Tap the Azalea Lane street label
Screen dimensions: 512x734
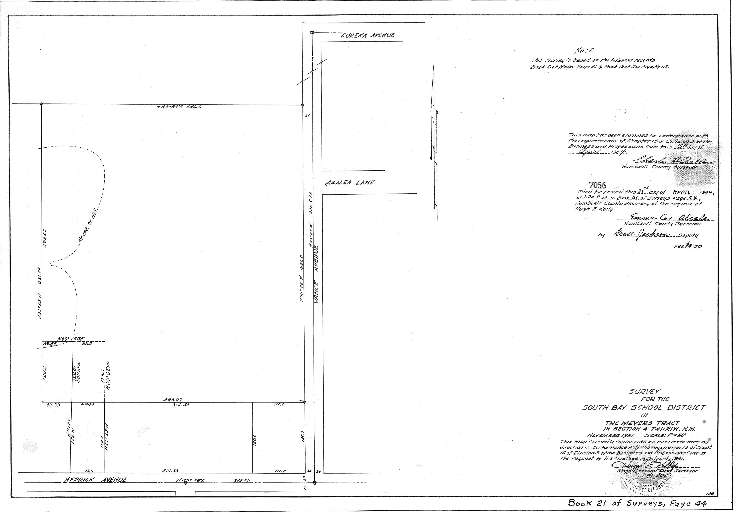click(350, 183)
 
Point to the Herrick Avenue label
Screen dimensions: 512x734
click(95, 480)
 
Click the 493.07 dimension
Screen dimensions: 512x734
click(173, 399)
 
